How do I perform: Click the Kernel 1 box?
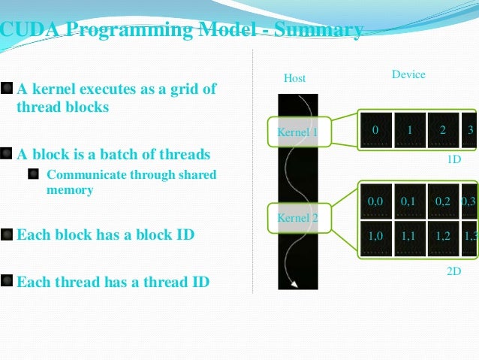click(x=298, y=132)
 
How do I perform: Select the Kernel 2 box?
click(x=298, y=218)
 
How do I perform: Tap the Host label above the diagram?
click(x=294, y=78)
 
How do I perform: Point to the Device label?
click(x=408, y=74)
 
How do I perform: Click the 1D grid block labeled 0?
click(x=375, y=131)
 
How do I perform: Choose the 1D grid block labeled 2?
click(x=443, y=131)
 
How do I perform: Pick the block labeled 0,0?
click(x=375, y=201)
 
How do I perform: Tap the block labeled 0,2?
click(x=443, y=201)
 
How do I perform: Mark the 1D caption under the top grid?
click(x=454, y=160)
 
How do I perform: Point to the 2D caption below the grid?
click(x=453, y=271)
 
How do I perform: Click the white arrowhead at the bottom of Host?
click(x=295, y=283)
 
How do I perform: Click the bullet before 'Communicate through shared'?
click(x=34, y=175)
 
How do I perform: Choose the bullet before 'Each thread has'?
click(x=7, y=282)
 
